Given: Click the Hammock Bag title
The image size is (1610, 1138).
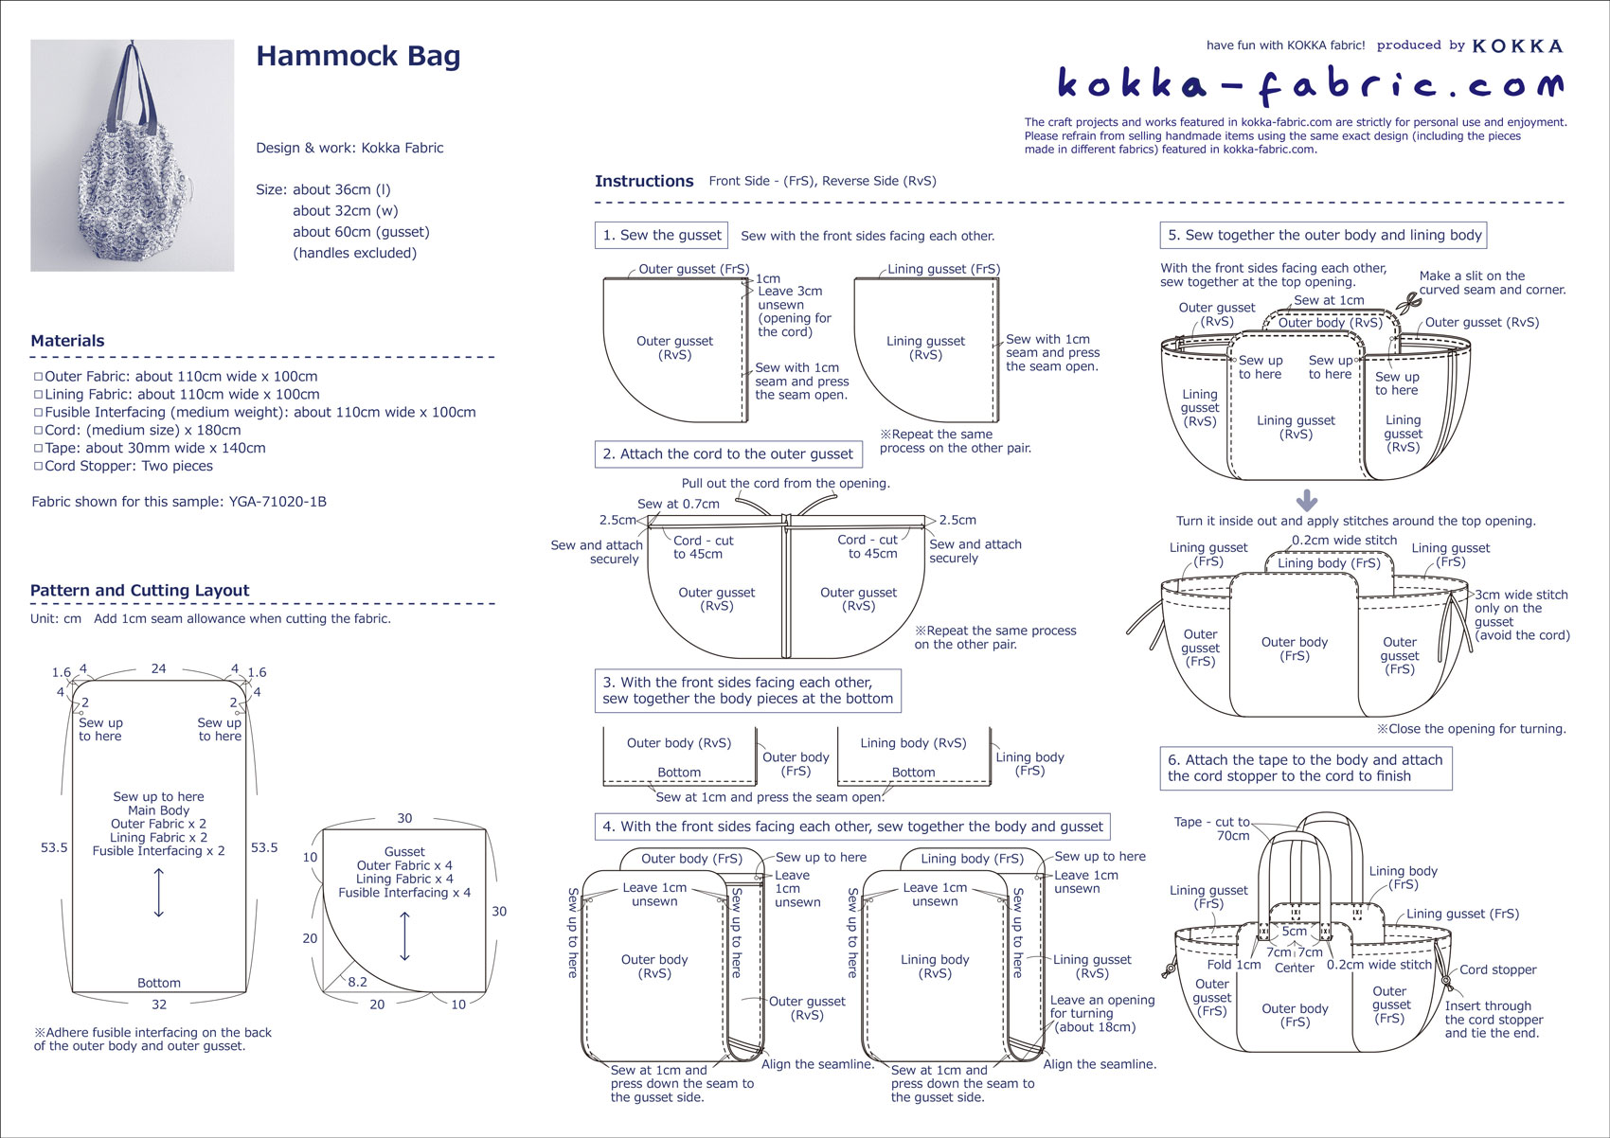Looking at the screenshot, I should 358,57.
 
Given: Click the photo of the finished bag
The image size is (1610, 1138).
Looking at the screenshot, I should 133,155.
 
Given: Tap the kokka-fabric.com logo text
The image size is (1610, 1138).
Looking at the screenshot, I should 1310,84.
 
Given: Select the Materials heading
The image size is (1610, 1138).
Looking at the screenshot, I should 67,341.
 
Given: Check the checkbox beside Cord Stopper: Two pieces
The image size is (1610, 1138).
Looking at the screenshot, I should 39,467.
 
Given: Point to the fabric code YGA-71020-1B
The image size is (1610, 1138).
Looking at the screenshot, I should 277,502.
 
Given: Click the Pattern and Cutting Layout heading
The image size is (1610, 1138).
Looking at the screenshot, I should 139,591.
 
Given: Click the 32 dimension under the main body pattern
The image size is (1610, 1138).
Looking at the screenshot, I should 159,1005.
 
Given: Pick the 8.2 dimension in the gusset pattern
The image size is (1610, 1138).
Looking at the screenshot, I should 357,982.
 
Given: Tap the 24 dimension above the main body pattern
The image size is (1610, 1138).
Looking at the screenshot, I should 158,668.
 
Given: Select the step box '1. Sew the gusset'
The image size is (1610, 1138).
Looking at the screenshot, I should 662,236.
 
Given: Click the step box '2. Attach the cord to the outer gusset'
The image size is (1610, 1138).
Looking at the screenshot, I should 727,454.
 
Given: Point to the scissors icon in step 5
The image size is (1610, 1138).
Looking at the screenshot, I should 1409,304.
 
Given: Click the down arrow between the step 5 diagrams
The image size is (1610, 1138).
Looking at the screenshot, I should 1306,500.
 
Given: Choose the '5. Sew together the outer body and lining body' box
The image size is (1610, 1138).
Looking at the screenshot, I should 1324,235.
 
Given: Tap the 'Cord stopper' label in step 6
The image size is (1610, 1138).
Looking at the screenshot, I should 1497,969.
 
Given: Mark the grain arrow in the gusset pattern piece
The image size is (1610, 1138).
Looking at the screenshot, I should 405,935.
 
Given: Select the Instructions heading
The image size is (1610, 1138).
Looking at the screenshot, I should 644,181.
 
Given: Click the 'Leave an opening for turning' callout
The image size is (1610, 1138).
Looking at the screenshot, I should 1101,1013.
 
